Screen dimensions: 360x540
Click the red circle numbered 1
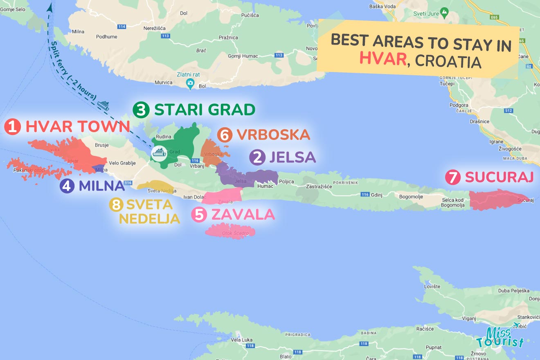pos(13,127)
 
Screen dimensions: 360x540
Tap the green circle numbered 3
pos(141,110)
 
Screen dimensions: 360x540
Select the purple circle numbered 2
pos(257,157)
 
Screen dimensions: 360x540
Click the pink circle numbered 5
pos(199,215)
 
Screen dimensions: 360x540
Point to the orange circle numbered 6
pos(225,135)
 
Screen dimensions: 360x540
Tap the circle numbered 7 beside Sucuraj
pos(453,178)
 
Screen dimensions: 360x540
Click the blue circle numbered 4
pos(67,186)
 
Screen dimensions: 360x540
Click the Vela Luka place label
pos(242,340)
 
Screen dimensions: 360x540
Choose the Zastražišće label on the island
pos(319,187)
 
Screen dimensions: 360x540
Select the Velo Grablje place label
pos(122,163)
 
